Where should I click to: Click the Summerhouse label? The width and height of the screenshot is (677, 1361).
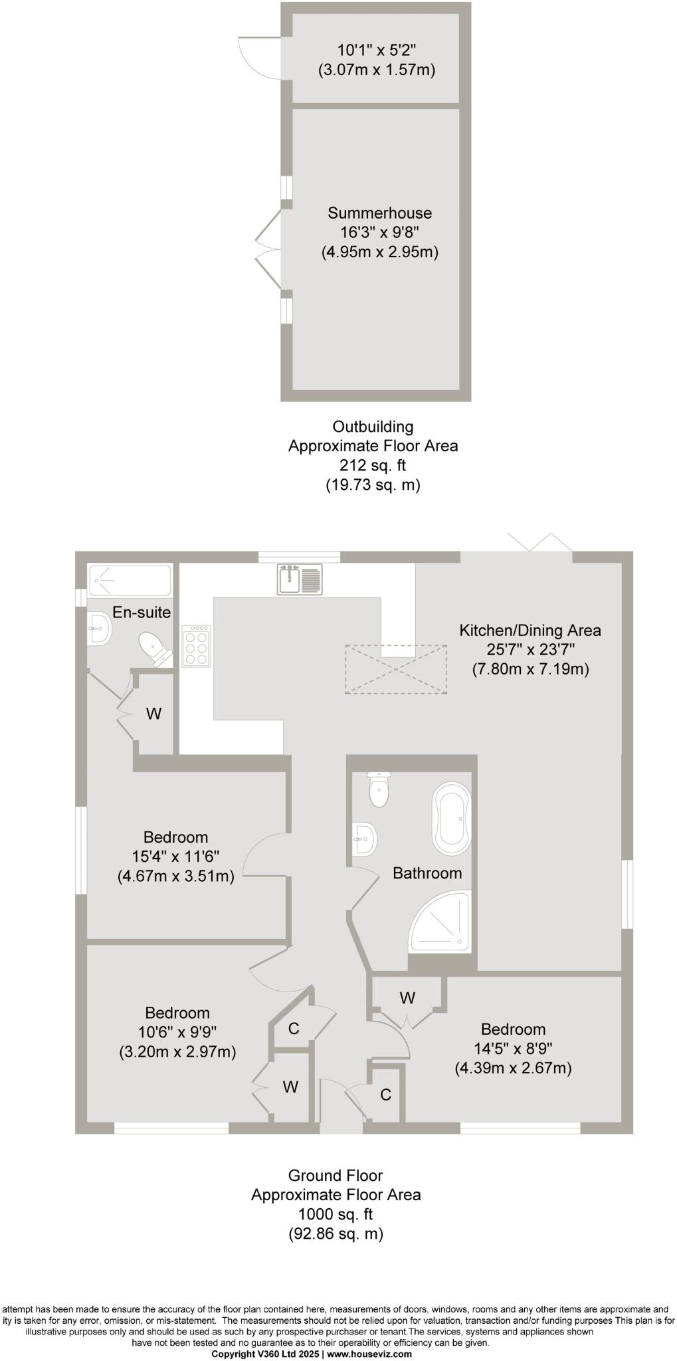click(379, 213)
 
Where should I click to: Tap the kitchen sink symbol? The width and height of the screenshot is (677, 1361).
click(300, 579)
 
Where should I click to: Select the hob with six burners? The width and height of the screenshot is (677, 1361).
click(196, 645)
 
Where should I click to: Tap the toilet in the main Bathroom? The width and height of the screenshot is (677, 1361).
click(379, 789)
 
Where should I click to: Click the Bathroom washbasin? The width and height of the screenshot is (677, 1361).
click(365, 839)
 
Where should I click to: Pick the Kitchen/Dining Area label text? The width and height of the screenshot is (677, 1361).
click(530, 630)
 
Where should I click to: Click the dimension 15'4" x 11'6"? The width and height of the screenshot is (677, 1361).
click(176, 857)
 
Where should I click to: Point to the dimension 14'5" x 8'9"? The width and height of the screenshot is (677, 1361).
click(513, 1049)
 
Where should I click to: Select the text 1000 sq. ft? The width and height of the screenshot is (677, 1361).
click(336, 1214)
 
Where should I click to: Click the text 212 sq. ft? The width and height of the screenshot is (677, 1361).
click(373, 465)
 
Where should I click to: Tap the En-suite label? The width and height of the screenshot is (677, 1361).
click(142, 612)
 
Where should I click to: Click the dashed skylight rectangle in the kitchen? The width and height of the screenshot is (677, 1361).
click(395, 669)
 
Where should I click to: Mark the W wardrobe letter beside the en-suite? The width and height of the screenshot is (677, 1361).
click(153, 714)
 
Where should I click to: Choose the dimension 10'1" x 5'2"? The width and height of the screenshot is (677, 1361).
click(377, 50)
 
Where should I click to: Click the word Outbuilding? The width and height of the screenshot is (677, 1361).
click(373, 427)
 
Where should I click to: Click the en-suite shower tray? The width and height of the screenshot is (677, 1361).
click(130, 580)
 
